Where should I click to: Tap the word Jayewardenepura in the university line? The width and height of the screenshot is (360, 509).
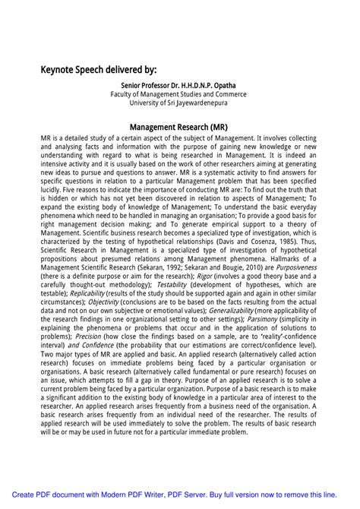(199, 103)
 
